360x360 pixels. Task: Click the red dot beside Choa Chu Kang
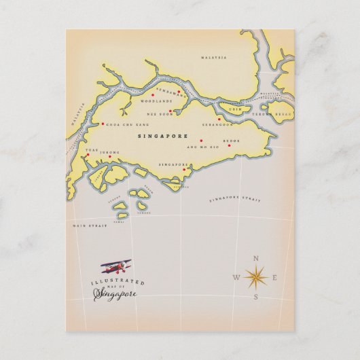[x=103, y=124]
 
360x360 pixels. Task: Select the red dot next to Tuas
[x=88, y=155]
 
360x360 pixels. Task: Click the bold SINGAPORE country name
[x=162, y=136]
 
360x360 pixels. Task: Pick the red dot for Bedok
[x=230, y=145]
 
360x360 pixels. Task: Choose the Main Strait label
[x=86, y=226]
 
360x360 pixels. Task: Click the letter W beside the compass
[x=236, y=277]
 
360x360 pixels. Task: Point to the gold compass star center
[x=256, y=277]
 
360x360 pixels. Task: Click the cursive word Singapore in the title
[x=116, y=293]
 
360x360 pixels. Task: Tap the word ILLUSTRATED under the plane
[x=107, y=281]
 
